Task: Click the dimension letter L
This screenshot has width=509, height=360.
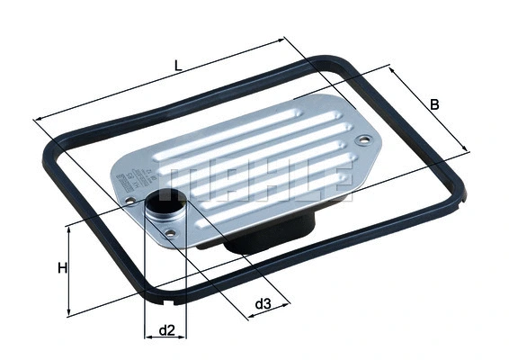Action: point(179,66)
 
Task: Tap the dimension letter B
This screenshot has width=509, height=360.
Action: point(434,104)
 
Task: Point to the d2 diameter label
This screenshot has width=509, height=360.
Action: point(165,330)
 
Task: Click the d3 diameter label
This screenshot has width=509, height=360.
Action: point(262,304)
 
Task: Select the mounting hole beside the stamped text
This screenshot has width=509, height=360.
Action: point(131,200)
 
